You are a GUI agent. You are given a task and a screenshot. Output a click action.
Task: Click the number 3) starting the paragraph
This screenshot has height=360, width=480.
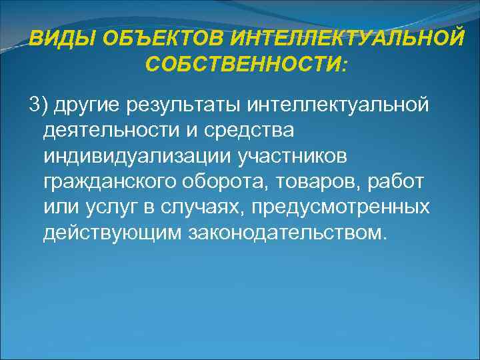[38, 105]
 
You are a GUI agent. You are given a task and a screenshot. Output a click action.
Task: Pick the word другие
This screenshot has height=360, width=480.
[86, 105]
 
